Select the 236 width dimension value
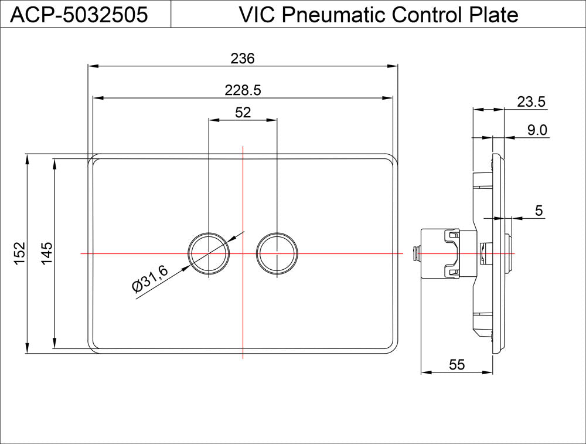tap(242, 58)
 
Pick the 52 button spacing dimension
tap(243, 112)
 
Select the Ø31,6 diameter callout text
tap(151, 278)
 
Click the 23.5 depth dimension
tap(531, 102)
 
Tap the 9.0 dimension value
tap(537, 130)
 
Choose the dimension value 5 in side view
tap(539, 210)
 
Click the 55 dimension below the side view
tap(456, 365)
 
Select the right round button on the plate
tap(277, 253)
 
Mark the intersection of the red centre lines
tap(243, 253)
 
